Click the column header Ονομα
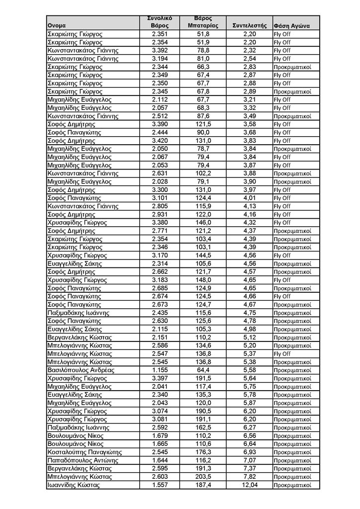[57, 25]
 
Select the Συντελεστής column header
[250, 25]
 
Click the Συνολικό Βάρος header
[160, 22]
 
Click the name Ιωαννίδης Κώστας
[74, 485]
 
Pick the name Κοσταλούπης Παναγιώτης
[85, 452]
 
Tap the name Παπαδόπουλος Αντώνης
[83, 460]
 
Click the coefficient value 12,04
[250, 485]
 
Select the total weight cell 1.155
[160, 370]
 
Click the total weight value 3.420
[160, 141]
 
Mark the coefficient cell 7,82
[250, 477]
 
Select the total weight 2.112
[160, 99]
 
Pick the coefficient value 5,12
[250, 338]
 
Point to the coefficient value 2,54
[250, 59]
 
